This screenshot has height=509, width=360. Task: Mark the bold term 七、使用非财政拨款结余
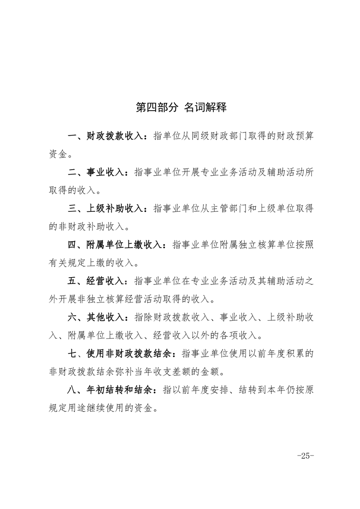click(x=120, y=353)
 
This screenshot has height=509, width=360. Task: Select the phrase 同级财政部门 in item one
click(x=225, y=136)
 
